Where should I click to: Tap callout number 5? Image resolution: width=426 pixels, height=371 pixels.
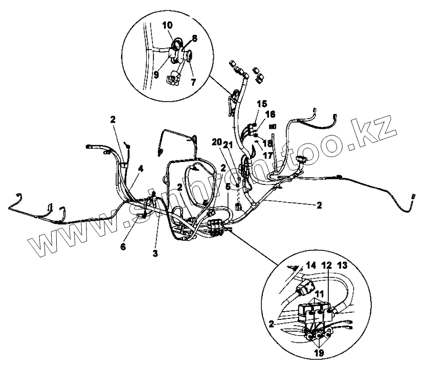[x=228, y=187]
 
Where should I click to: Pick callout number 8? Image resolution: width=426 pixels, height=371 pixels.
[x=194, y=37]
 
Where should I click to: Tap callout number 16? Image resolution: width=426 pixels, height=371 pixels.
[x=270, y=114]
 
